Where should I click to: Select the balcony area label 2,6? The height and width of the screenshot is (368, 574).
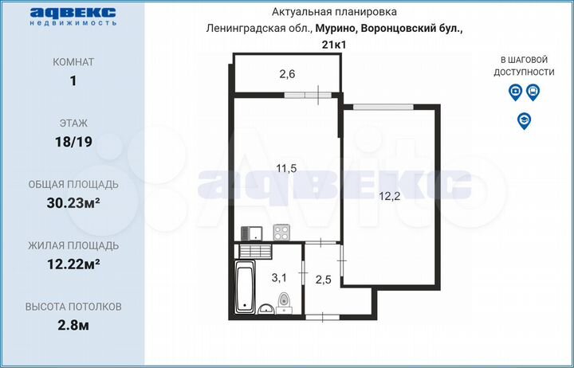tap(286, 75)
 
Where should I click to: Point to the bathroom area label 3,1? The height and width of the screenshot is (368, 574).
tap(278, 278)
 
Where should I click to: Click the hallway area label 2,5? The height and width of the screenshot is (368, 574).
tap(323, 280)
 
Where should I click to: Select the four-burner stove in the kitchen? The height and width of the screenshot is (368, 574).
tap(281, 233)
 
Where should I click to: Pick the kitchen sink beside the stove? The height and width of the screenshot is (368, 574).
tap(254, 233)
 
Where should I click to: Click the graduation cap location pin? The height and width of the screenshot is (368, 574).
tap(524, 120)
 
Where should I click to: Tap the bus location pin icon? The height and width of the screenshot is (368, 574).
tap(533, 93)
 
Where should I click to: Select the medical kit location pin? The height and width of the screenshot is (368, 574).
tap(515, 93)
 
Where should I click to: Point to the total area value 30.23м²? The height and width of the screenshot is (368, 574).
tap(73, 202)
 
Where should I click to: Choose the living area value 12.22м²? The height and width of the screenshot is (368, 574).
tap(73, 263)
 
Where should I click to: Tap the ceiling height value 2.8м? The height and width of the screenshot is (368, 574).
tap(73, 323)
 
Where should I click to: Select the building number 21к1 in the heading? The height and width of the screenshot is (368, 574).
tap(333, 44)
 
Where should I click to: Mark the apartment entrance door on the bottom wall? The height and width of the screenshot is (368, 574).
tap(320, 317)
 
